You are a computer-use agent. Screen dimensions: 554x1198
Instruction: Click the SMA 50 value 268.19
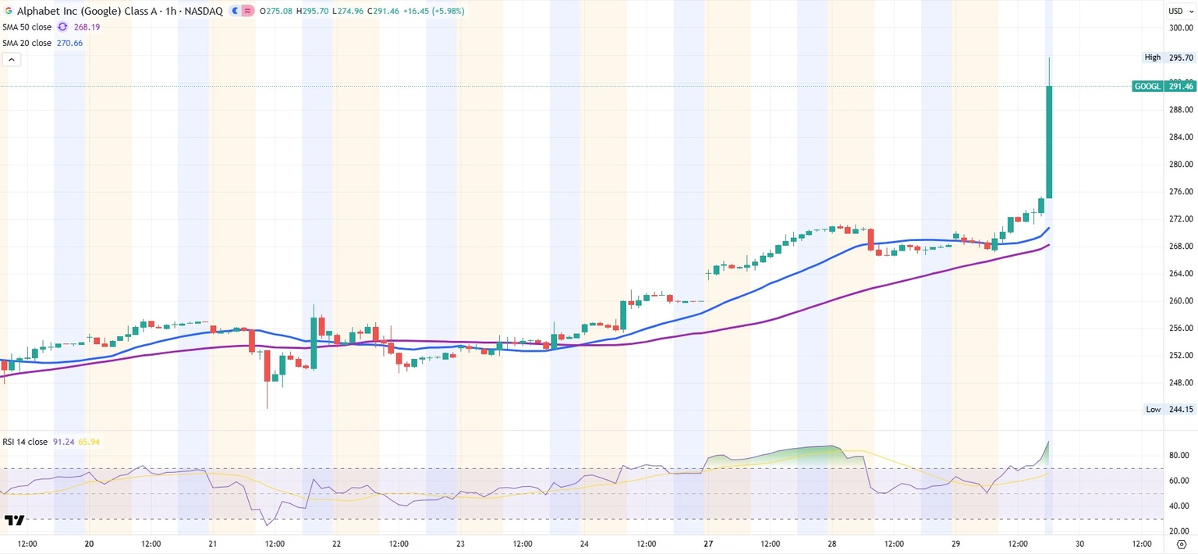coord(87,27)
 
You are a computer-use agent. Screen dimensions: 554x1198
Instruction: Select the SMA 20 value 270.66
coord(69,43)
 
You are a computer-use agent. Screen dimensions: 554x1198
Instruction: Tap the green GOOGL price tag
coord(1164,87)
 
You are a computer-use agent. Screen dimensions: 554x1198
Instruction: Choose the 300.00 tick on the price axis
coord(1181,28)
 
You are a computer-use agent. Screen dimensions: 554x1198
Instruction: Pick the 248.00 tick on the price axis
coord(1181,382)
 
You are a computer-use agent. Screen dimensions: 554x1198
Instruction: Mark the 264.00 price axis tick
coord(1181,273)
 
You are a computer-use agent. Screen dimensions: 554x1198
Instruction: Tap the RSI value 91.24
coord(63,442)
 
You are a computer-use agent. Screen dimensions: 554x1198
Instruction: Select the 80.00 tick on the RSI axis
coord(1179,455)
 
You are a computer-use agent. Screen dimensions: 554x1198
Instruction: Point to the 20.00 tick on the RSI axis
coord(1179,531)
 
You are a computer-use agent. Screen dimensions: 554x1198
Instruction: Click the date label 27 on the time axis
coord(707,544)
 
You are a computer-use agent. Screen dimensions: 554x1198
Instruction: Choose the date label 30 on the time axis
coord(1079,544)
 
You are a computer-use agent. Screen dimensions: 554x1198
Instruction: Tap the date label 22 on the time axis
coord(336,544)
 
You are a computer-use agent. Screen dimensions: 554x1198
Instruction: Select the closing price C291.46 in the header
coord(366,12)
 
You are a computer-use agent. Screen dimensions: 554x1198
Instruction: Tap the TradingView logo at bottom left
coord(14,520)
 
